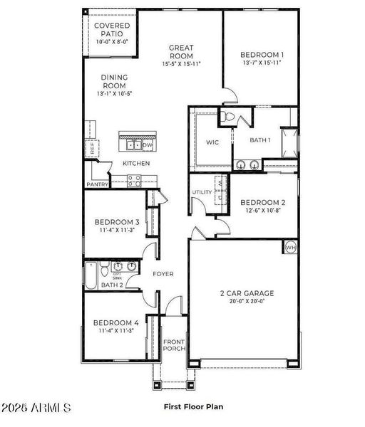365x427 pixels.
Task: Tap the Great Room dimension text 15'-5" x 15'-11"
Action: pos(181,63)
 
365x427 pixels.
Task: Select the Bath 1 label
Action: pos(260,140)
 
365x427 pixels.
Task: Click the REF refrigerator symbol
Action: pos(92,148)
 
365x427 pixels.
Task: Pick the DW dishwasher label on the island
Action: pos(147,144)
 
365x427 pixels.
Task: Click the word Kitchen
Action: pos(136,164)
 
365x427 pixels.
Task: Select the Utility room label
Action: pos(202,192)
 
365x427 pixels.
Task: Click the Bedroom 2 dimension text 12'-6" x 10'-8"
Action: pos(263,210)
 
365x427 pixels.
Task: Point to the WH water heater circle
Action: pos(291,247)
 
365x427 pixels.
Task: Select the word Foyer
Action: pos(163,273)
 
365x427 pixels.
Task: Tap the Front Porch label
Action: pos(174,344)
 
